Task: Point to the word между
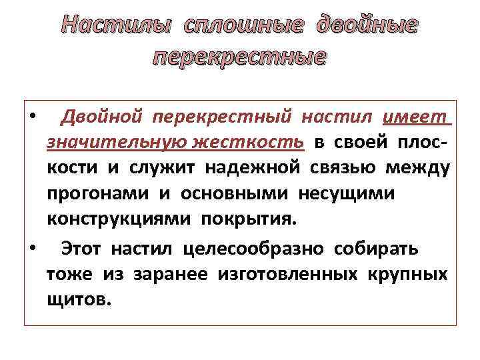418,167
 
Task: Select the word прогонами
98,193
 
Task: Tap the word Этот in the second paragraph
81,249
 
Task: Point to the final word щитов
76,299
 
